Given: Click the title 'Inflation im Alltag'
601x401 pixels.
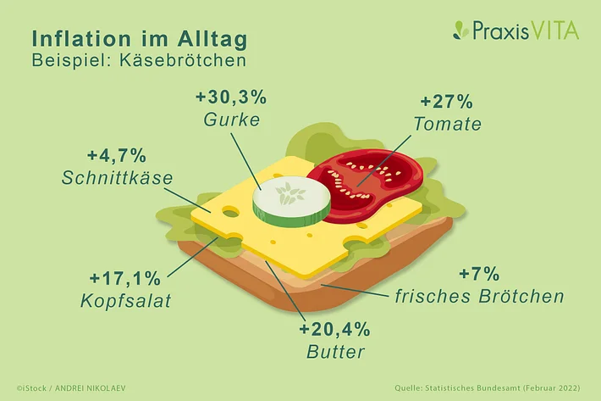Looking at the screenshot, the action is point(140,39).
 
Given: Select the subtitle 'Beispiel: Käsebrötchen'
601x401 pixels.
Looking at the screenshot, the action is point(139,61).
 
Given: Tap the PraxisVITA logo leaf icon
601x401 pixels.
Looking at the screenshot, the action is point(460,31).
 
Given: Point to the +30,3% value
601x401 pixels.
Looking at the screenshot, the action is point(231,97).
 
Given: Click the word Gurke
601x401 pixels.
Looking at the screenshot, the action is point(232,120).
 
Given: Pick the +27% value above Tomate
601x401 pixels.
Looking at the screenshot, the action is point(447,102).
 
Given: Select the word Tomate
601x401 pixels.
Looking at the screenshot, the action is point(447,124).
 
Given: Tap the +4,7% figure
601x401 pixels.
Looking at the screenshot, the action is point(117,156).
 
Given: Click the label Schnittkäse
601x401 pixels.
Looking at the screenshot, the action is point(118,178).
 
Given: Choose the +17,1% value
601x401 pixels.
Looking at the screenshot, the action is point(125,278).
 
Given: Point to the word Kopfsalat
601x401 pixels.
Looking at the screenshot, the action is point(126,301).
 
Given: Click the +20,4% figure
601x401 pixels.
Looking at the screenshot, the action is point(334,330).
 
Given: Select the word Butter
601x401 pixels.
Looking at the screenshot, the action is point(335,352).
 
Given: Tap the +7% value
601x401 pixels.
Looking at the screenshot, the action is point(479,274).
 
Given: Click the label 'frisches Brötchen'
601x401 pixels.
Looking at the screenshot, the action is point(479,296).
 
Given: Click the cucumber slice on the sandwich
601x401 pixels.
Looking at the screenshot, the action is point(291,202).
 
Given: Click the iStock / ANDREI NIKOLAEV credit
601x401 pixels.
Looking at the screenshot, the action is point(71,388).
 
